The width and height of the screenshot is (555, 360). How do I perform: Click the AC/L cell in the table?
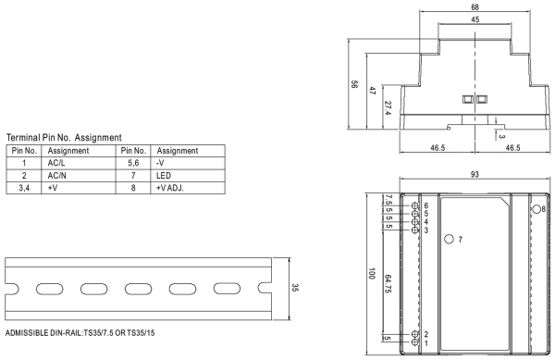tap(56, 163)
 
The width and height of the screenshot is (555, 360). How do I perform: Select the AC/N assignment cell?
tap(56, 176)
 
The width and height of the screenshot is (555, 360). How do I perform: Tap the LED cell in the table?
tap(164, 176)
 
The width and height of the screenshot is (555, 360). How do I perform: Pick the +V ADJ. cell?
tap(170, 188)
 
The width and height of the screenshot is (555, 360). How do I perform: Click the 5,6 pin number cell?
tap(133, 163)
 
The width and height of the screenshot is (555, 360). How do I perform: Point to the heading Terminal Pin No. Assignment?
tap(64, 137)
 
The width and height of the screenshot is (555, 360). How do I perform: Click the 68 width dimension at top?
tap(475, 7)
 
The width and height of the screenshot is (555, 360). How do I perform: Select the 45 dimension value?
tap(475, 19)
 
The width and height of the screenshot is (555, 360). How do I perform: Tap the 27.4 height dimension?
tap(388, 108)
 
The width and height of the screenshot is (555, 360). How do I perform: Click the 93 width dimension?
tap(475, 174)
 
